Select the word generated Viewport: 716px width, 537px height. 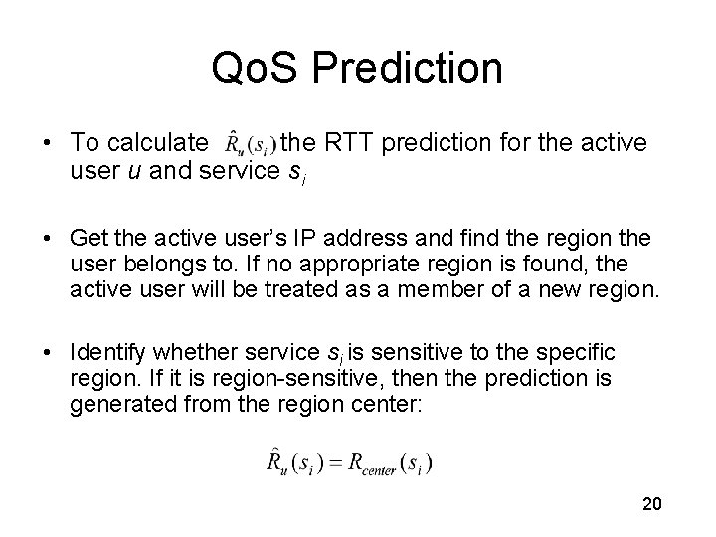[x=112, y=405]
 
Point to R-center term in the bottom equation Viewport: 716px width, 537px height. [x=392, y=463]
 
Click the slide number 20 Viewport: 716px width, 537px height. [x=652, y=504]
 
